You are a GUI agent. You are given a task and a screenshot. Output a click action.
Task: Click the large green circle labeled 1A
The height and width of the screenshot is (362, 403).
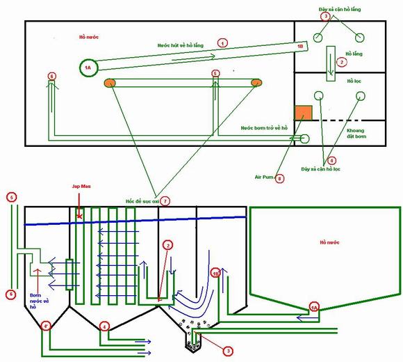coord(88,68)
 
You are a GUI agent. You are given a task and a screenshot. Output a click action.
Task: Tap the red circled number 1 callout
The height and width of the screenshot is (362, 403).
coord(222,42)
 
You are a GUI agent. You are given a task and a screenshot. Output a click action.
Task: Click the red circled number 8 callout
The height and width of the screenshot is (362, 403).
coord(280,178)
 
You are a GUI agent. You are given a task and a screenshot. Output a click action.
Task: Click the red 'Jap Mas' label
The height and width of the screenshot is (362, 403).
coord(81,187)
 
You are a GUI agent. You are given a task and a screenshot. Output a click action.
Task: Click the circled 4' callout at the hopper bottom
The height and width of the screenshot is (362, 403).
coord(47,326)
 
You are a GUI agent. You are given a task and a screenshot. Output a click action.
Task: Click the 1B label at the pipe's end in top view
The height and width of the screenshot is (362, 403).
coord(300,47)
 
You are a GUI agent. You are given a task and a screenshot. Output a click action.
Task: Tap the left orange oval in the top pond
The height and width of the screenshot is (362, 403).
coord(109,83)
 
